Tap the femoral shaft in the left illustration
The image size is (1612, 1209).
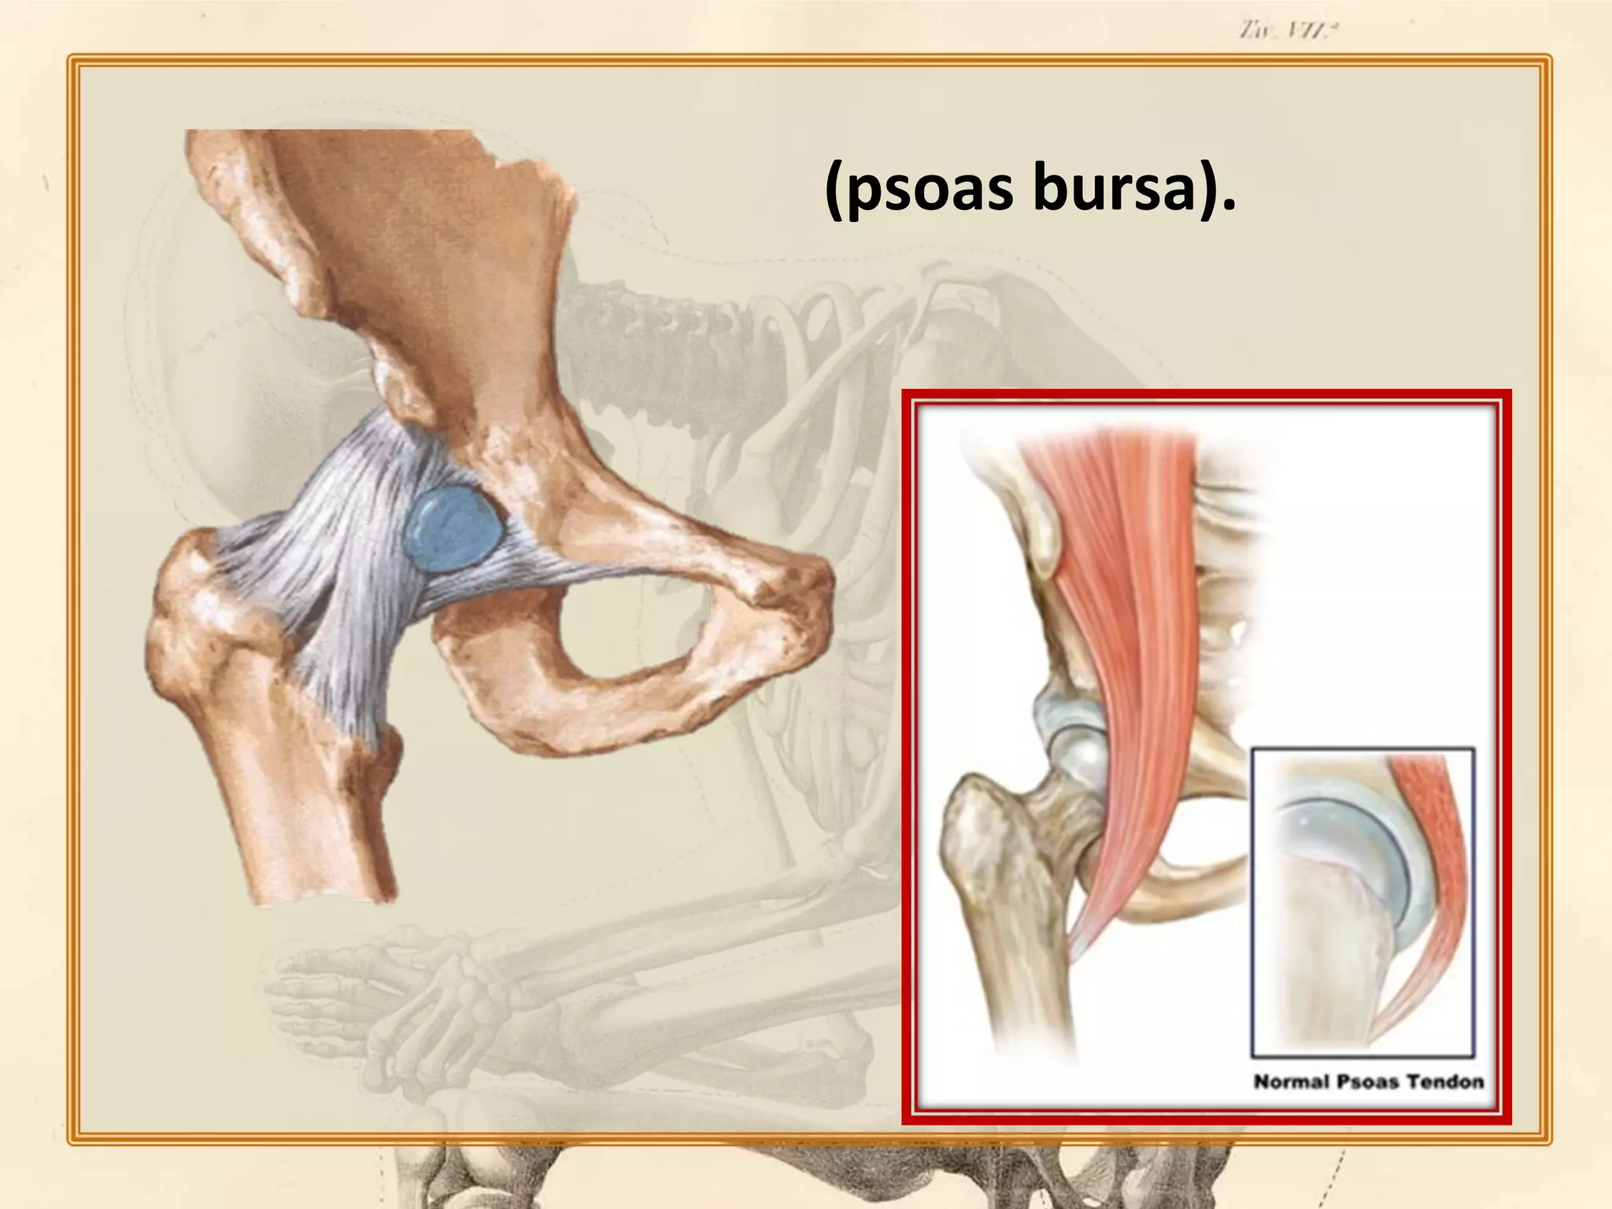coord(315,811)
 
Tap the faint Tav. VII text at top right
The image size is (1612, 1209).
coord(1288,32)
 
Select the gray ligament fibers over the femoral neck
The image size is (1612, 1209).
coord(315,551)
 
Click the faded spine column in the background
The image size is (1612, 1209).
coord(669,323)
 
